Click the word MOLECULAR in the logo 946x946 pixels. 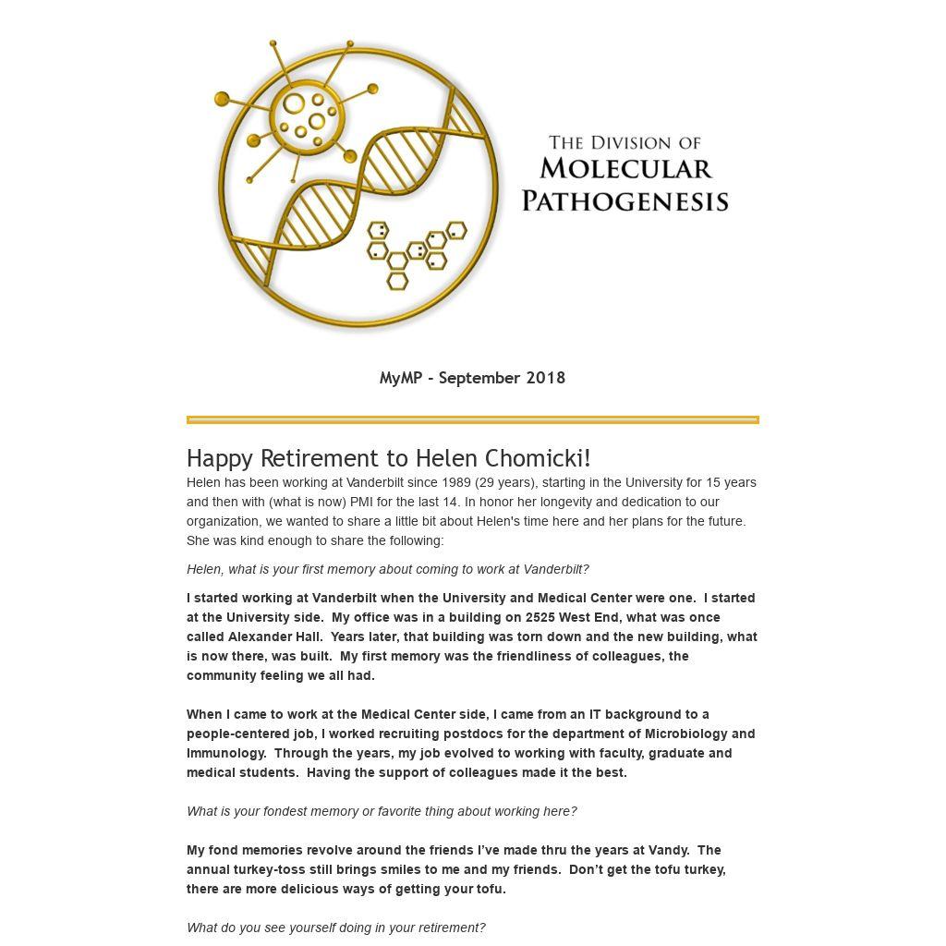point(625,169)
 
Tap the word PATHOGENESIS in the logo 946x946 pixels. point(625,200)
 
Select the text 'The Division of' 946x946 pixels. point(625,142)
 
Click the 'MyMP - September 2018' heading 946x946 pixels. point(472,378)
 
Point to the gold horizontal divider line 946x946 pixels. point(472,419)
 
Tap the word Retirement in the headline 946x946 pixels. point(334,458)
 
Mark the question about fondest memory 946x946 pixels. point(382,811)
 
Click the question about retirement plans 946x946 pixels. point(335,928)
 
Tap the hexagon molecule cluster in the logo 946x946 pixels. point(415,251)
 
